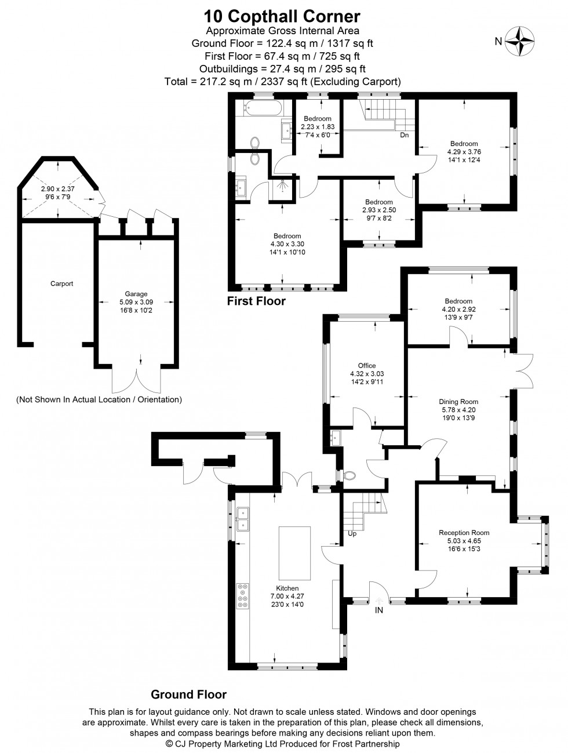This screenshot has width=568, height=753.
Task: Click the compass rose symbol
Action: (520, 41)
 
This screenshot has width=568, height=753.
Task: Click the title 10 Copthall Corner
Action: (282, 16)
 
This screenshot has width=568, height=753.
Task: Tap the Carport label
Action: (61, 283)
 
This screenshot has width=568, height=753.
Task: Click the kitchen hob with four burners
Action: (242, 596)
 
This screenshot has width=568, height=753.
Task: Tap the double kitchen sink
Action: (243, 519)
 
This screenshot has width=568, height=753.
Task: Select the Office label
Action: (366, 365)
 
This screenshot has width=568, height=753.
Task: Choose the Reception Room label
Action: (464, 533)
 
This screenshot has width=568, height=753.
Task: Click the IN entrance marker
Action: (379, 610)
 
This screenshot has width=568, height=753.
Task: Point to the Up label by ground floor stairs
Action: (352, 533)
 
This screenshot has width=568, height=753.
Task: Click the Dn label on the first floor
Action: (405, 135)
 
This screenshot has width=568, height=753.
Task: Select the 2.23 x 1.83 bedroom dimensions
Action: (317, 127)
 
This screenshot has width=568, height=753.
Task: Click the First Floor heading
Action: (256, 301)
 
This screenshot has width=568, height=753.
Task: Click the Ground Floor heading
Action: (188, 694)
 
